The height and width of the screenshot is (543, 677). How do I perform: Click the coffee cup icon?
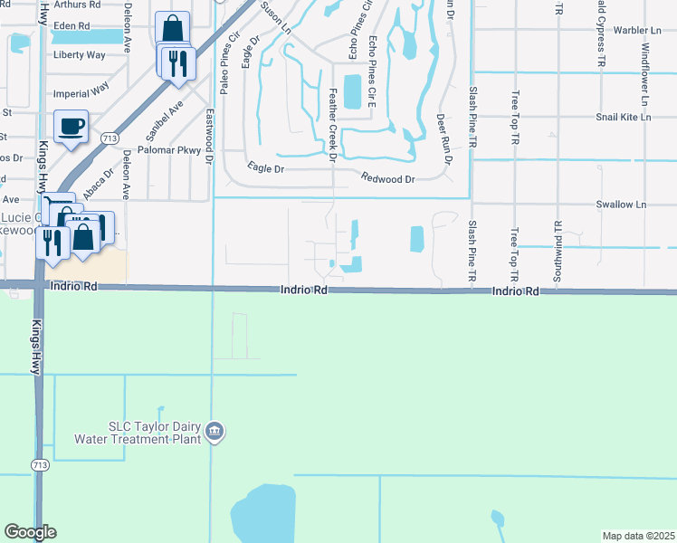pos(71,125)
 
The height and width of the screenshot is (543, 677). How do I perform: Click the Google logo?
pos(30,532)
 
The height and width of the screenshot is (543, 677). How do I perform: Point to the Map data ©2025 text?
pos(637,536)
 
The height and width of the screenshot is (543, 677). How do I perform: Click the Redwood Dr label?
pos(387,179)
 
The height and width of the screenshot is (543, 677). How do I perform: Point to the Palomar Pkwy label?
pos(164,150)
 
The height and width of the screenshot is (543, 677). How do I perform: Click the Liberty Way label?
pos(80,55)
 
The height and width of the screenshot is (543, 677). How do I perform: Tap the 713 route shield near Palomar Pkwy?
pos(110,138)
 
